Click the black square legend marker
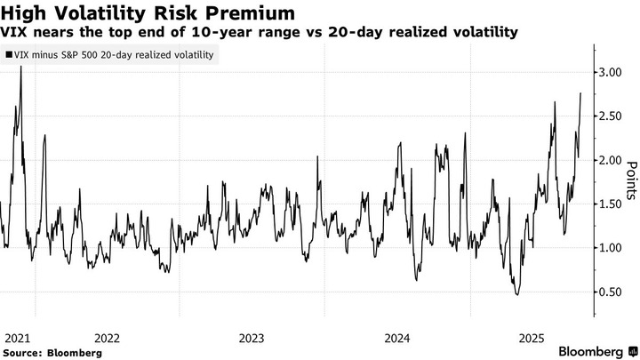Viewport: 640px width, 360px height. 9,55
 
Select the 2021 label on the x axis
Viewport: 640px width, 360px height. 18,338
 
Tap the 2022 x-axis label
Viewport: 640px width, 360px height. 106,338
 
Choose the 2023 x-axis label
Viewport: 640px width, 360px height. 252,338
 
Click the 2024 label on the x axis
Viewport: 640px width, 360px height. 397,338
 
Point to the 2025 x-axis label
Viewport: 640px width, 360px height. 532,338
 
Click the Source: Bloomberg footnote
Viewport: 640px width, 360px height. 52,352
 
